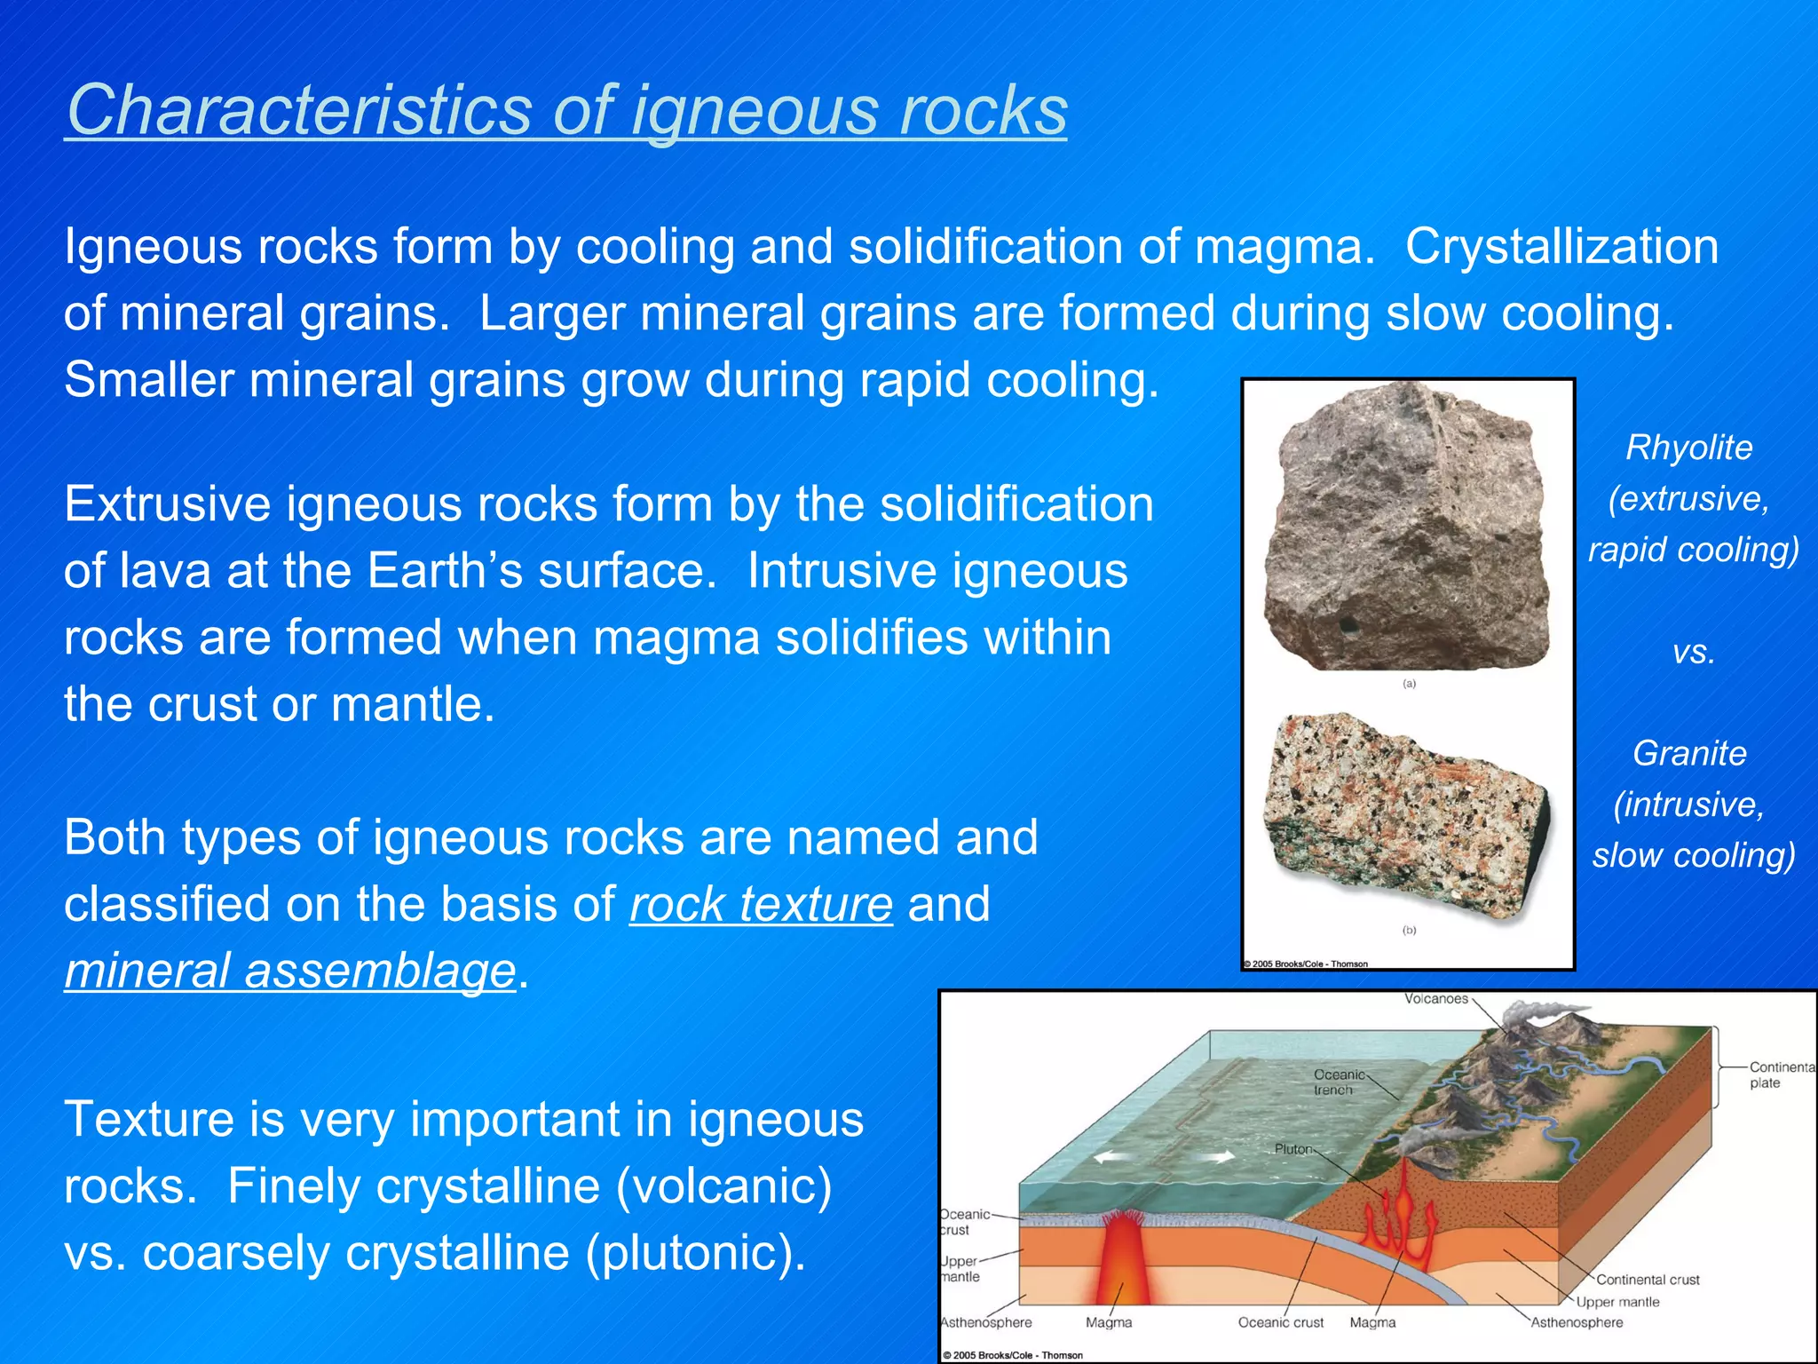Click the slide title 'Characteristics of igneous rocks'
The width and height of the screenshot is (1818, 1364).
(x=565, y=110)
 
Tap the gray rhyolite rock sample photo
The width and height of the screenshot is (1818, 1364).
(x=1406, y=527)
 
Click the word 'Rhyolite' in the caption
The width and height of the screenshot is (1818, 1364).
(x=1688, y=448)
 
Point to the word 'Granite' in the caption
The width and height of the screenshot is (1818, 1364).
(x=1689, y=753)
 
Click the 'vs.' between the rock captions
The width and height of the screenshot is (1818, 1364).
(x=1693, y=653)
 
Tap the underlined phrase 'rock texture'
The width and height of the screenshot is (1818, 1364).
(x=761, y=904)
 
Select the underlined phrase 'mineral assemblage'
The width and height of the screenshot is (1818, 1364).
(x=289, y=971)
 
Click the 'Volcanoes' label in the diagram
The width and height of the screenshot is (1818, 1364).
(x=1435, y=999)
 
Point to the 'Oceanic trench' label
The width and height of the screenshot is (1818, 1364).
(x=1338, y=1082)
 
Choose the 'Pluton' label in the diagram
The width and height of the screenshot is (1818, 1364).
(x=1293, y=1149)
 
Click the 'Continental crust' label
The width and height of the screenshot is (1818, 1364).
(x=1648, y=1280)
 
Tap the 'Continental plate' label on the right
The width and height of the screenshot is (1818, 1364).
(x=1780, y=1075)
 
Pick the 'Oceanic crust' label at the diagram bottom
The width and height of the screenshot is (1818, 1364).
(x=1280, y=1322)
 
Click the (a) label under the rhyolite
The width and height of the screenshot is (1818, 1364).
(x=1409, y=684)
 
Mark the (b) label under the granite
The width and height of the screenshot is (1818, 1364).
(x=1409, y=930)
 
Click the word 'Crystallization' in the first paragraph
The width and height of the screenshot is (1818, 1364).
(x=1561, y=247)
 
